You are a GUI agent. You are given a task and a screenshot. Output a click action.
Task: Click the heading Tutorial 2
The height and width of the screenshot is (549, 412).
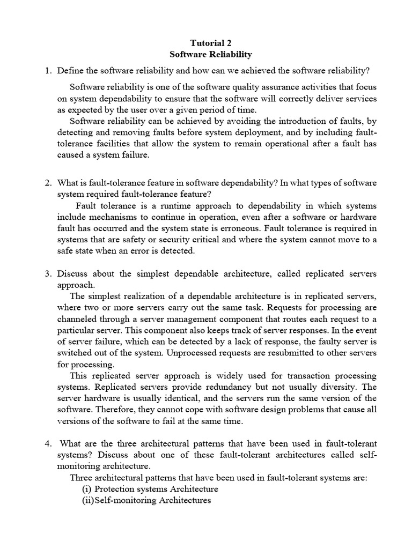pyautogui.click(x=210, y=43)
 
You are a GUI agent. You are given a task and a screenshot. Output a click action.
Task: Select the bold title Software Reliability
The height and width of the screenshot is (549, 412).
pyautogui.click(x=210, y=54)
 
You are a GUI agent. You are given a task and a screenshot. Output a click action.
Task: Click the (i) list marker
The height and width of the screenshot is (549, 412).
pyautogui.click(x=87, y=489)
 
